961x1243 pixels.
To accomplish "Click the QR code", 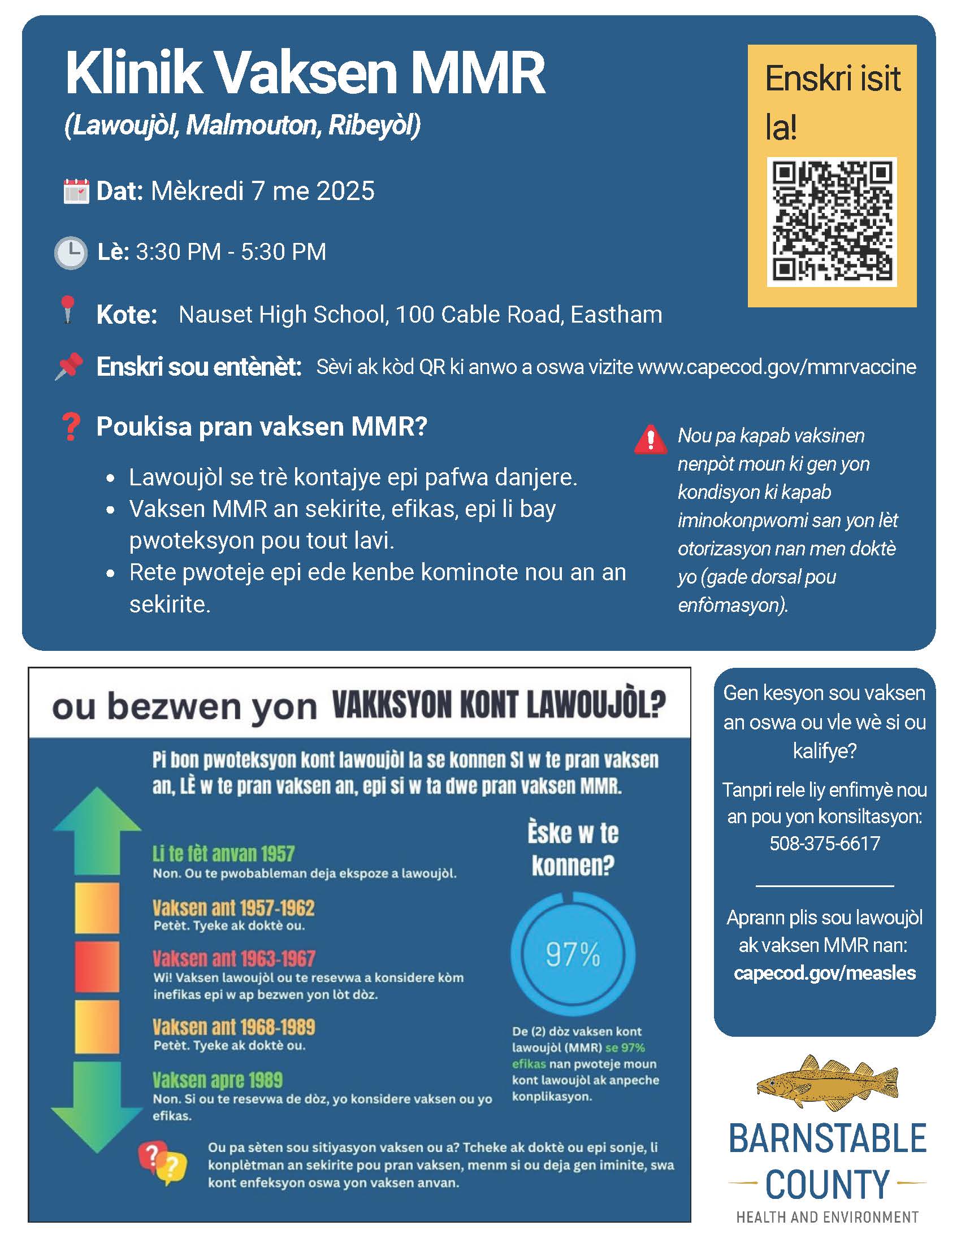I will pos(831,221).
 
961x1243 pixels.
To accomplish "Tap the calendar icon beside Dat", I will pos(76,191).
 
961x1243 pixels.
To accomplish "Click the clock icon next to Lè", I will pos(71,252).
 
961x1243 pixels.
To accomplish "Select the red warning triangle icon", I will pos(651,440).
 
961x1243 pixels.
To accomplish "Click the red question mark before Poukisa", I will pos(71,426).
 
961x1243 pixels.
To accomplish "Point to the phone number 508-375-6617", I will pos(824,843).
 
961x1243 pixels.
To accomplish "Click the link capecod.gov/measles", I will pos(824,973).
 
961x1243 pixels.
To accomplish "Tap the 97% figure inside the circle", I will pos(573,954).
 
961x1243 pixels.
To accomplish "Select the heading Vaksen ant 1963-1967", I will pos(233,958).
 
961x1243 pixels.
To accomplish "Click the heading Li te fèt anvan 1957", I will pos(223,854).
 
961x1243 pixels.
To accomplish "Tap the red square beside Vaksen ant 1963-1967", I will pos(97,966).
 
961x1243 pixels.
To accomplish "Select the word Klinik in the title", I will pos(135,72).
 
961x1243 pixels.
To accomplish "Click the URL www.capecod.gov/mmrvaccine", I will pos(777,367).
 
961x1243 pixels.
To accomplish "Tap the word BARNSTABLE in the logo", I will pos(827,1138).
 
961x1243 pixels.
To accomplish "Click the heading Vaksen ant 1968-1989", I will pos(233,1027).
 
